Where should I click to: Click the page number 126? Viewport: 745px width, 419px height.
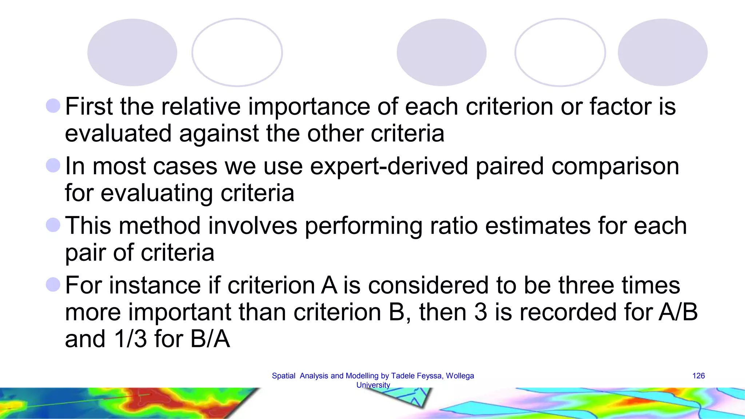698,376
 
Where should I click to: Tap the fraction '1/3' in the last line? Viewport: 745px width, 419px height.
131,339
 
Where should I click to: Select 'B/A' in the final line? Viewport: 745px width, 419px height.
210,339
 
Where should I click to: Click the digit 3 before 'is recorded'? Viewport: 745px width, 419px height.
481,312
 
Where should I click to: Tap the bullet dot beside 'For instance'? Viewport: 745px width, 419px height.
53,284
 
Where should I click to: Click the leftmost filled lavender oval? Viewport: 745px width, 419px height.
132,52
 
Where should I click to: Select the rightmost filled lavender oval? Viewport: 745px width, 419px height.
662,52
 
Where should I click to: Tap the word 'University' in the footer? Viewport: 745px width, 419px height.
373,385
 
